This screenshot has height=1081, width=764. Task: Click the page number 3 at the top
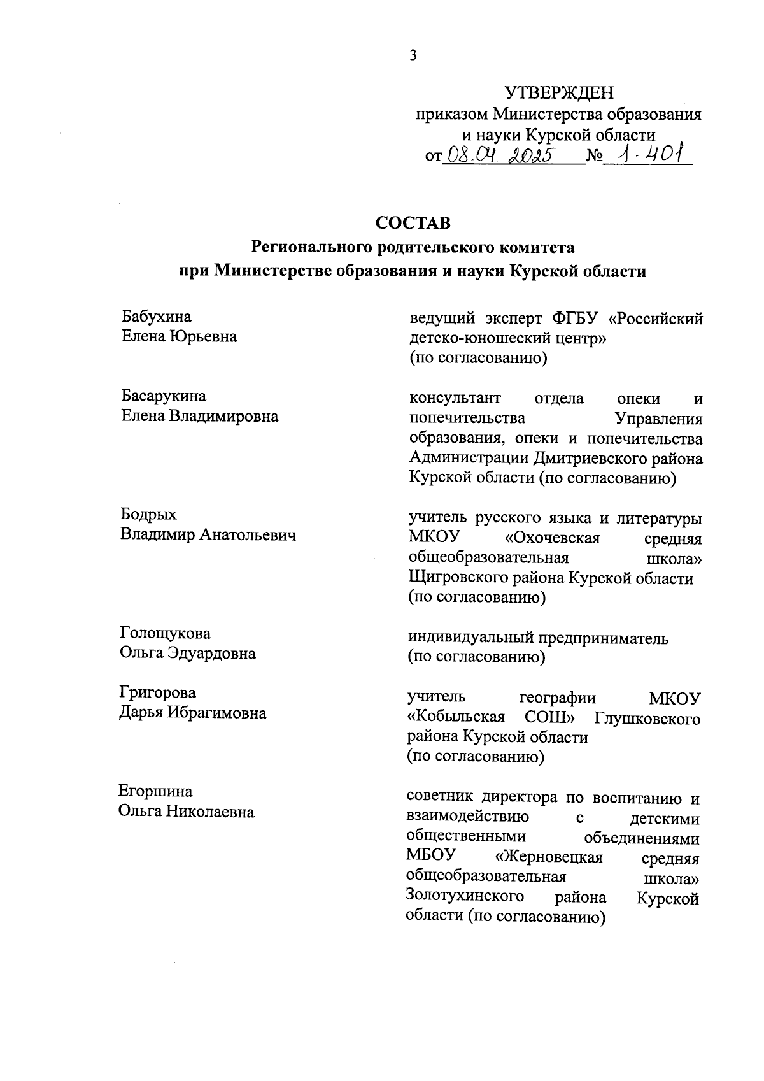point(413,55)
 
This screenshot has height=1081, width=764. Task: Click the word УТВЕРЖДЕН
point(560,94)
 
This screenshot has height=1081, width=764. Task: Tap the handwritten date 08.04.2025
point(497,155)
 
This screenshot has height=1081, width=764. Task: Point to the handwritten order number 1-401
point(647,154)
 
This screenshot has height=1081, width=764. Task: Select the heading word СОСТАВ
point(413,223)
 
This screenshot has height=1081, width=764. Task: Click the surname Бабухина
point(156,317)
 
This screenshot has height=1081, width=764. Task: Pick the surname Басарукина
point(164,396)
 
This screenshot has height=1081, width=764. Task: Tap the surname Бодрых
point(149,515)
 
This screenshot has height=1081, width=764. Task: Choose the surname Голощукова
point(165,634)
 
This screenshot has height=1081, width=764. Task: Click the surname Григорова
point(157,692)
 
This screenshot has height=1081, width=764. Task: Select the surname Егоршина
point(155,791)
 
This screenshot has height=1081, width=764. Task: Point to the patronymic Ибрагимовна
point(217,713)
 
